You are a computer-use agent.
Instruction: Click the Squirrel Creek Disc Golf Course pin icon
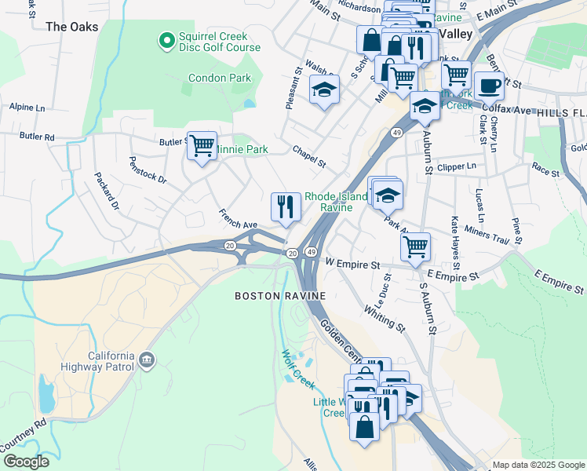click(166, 40)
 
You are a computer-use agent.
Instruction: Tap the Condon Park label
click(220, 78)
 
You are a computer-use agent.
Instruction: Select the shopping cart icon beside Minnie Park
click(202, 145)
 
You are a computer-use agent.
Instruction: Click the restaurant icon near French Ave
click(285, 207)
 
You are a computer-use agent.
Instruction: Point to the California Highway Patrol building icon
click(146, 360)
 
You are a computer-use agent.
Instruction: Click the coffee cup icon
click(489, 86)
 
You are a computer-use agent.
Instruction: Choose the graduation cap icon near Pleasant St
click(323, 90)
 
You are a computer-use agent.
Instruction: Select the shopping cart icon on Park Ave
click(415, 246)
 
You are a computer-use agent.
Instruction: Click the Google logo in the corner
click(25, 462)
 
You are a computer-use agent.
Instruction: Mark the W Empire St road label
click(353, 265)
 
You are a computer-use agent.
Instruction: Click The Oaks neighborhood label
click(72, 27)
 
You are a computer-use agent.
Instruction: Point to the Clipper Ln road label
click(457, 166)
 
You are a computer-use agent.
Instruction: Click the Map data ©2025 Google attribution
click(539, 465)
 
